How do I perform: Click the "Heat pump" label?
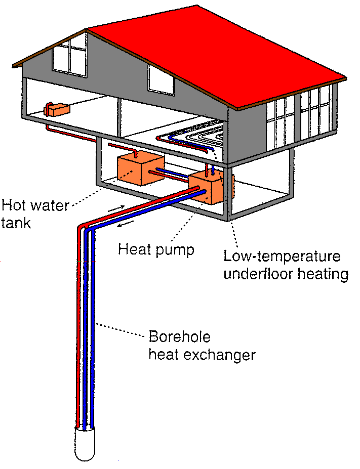156,249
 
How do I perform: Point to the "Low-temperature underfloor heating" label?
286,265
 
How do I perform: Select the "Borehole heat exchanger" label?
202,346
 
